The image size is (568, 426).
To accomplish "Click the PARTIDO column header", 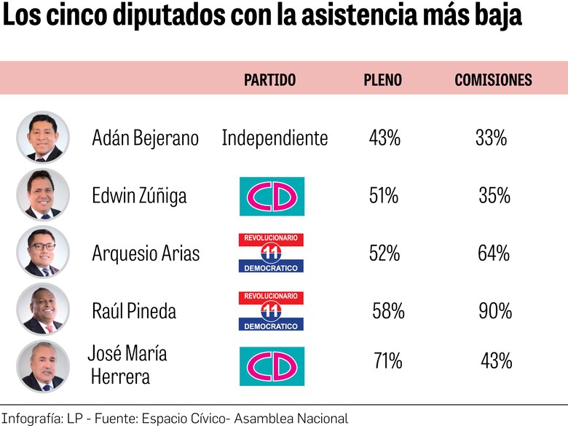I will (269, 80).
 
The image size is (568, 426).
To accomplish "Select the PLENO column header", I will (382, 80).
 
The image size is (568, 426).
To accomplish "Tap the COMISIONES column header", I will (493, 80).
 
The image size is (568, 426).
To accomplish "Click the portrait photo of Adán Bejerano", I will (43, 137).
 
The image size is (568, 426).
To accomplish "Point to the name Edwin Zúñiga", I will (139, 195).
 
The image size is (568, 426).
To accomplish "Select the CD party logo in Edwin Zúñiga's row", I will (272, 196).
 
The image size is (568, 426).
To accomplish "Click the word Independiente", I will (275, 138).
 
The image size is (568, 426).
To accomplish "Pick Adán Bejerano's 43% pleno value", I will (384, 138).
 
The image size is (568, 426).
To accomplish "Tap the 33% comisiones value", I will (491, 138).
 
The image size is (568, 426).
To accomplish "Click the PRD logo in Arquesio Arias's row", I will (272, 253).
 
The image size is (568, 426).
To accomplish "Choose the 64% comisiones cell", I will (494, 253).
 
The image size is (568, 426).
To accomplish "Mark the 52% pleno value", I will (384, 253).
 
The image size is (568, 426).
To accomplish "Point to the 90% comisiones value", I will (495, 312).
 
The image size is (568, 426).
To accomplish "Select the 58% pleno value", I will (388, 312).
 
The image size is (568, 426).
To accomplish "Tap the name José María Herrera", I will (127, 365).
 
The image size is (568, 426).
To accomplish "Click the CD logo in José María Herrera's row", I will (272, 366).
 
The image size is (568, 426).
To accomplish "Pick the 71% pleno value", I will (387, 360).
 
